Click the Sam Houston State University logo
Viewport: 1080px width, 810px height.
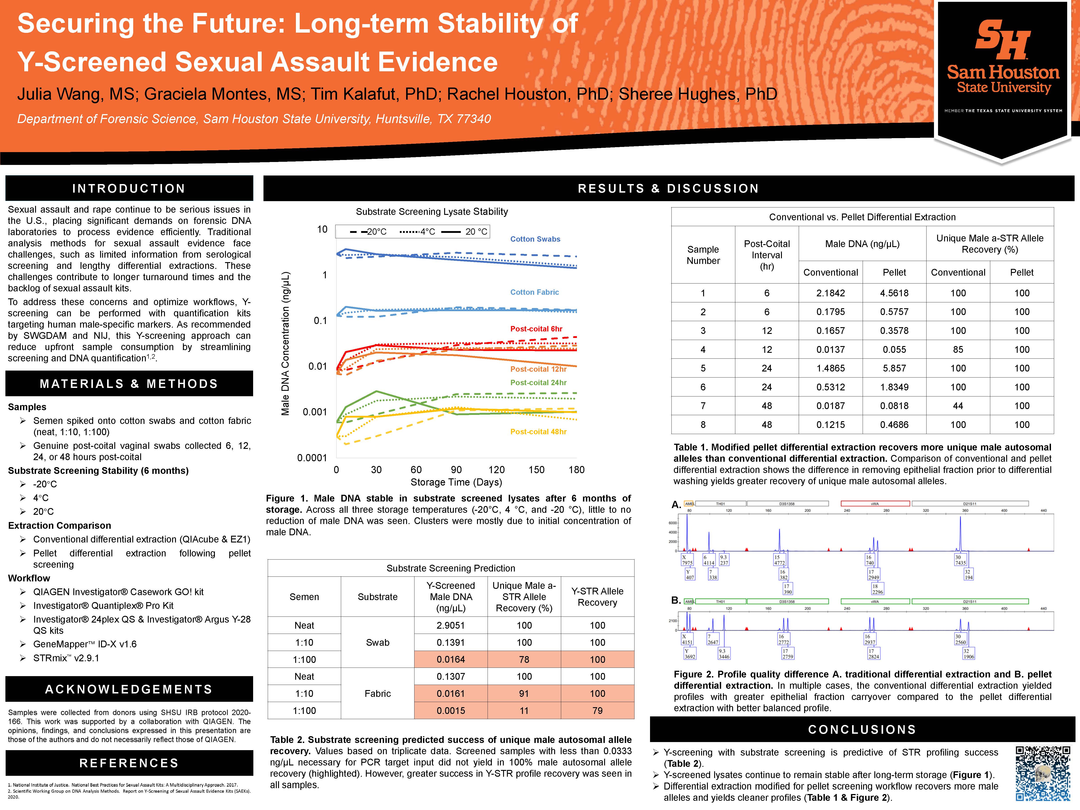[1003, 63]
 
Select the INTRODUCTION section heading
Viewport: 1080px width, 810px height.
[129, 189]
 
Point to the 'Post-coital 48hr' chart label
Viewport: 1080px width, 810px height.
[538, 432]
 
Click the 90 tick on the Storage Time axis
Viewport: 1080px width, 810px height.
[456, 470]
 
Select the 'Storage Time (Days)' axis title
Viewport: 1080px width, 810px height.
[456, 482]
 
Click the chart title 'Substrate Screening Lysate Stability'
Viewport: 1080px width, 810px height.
[432, 211]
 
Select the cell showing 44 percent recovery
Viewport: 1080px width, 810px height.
[958, 406]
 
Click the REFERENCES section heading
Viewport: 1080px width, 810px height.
[129, 763]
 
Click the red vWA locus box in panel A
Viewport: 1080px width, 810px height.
[875, 503]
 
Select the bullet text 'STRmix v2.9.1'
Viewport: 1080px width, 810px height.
[66, 658]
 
